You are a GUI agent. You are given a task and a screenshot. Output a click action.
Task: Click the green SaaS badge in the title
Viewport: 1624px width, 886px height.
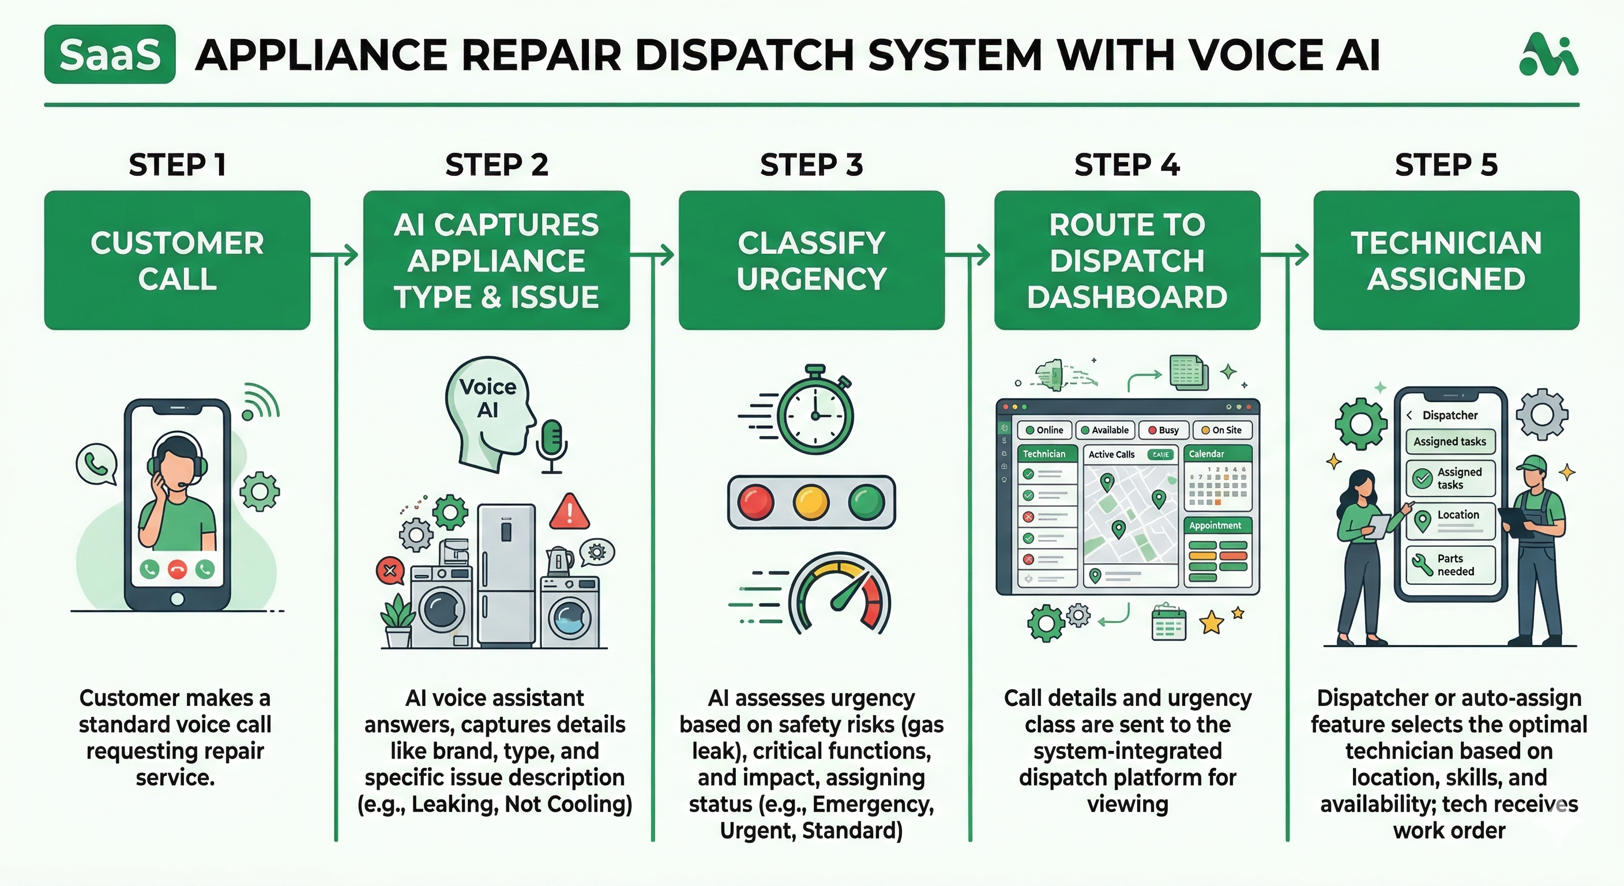tap(110, 54)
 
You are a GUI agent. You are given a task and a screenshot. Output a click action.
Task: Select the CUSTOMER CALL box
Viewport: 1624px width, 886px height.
tap(177, 261)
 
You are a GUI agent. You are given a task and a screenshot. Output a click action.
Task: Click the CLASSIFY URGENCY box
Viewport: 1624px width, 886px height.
tap(811, 261)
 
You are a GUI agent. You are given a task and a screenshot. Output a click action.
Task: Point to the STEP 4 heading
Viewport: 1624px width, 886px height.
tap(1126, 164)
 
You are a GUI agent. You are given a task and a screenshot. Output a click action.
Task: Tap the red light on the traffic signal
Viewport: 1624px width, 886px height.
tap(755, 502)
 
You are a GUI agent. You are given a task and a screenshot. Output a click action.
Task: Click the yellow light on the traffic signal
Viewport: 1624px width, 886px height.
tap(811, 502)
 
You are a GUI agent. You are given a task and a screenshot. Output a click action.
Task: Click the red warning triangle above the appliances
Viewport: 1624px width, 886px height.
tap(569, 513)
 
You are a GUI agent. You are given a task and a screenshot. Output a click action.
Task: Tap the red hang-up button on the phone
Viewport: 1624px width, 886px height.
tap(177, 569)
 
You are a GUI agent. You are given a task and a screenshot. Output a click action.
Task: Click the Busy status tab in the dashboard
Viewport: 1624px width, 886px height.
tap(1163, 430)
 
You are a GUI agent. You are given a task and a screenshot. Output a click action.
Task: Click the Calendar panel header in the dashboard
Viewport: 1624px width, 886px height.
tap(1217, 454)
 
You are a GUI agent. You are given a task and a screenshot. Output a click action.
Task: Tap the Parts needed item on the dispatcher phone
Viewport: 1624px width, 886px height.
tap(1450, 565)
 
